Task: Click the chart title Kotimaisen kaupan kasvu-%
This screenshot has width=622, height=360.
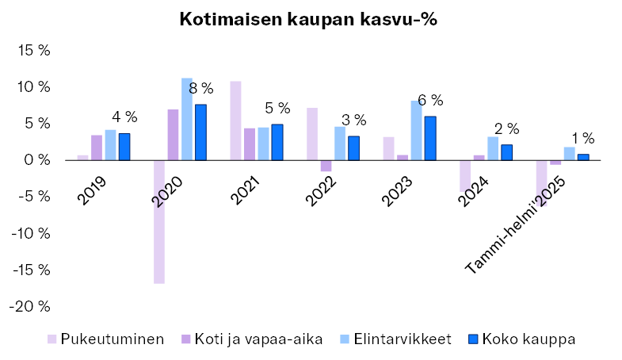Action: coord(309,19)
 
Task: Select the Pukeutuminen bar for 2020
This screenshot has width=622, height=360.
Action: coord(159,221)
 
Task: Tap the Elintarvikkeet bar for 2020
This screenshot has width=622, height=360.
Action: coord(187,119)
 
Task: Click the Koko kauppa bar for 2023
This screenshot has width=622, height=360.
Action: coord(430,138)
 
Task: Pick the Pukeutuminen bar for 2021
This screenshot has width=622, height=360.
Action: coord(235,121)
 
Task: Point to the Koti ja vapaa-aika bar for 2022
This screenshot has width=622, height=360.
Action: coord(326,166)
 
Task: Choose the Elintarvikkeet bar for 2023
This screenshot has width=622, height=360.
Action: coord(417,130)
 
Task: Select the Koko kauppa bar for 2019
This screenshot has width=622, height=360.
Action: coord(124,147)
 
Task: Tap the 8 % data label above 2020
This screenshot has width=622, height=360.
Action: coord(201,88)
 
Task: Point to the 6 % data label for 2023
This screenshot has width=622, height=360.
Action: coord(430,101)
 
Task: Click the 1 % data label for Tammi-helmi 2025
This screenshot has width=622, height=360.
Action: coord(583,139)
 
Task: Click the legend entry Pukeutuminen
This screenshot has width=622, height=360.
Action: coord(113,339)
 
